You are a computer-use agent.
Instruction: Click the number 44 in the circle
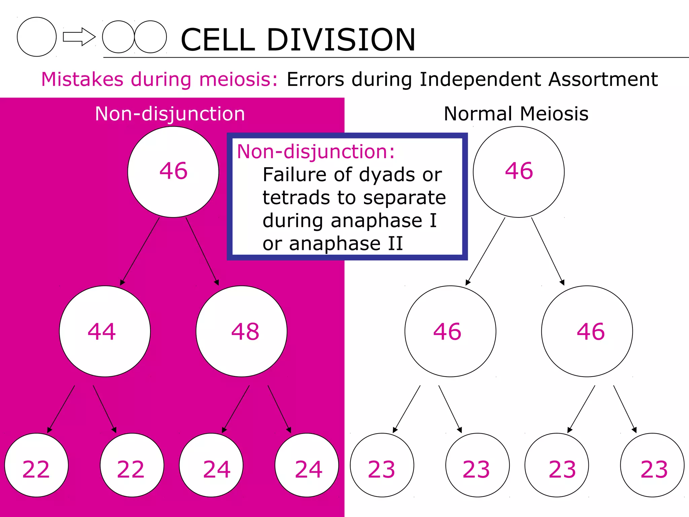(x=102, y=332)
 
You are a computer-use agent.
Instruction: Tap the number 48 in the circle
(x=245, y=332)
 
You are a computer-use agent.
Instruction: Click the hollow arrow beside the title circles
(x=79, y=37)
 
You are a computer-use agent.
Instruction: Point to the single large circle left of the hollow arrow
(x=37, y=37)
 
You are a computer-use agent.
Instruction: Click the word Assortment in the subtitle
(x=603, y=79)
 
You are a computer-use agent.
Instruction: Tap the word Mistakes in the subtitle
(x=82, y=79)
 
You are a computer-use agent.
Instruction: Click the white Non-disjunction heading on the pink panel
(x=170, y=114)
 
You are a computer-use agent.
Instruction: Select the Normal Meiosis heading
(x=516, y=114)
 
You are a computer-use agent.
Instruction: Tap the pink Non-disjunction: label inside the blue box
(x=316, y=151)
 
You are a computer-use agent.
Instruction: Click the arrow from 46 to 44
(x=140, y=251)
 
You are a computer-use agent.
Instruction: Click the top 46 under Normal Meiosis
(x=519, y=171)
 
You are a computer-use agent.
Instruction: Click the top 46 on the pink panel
(x=173, y=171)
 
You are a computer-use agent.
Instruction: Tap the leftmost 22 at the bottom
(x=36, y=470)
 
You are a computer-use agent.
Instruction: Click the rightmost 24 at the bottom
(x=309, y=470)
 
